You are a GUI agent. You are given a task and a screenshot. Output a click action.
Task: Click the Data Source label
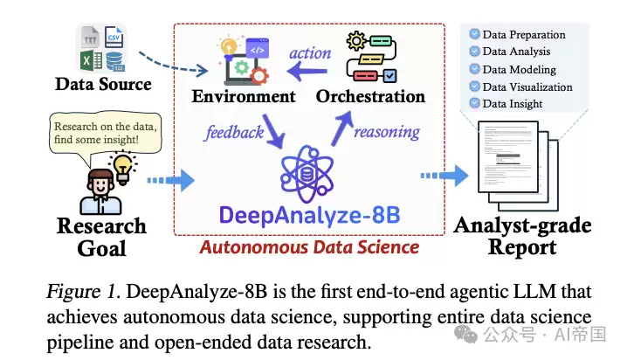(102, 84)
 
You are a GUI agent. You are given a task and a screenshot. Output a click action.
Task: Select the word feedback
(234, 132)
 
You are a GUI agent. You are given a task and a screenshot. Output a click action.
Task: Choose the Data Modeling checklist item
(516, 69)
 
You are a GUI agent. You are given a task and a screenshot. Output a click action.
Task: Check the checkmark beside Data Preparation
(474, 35)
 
